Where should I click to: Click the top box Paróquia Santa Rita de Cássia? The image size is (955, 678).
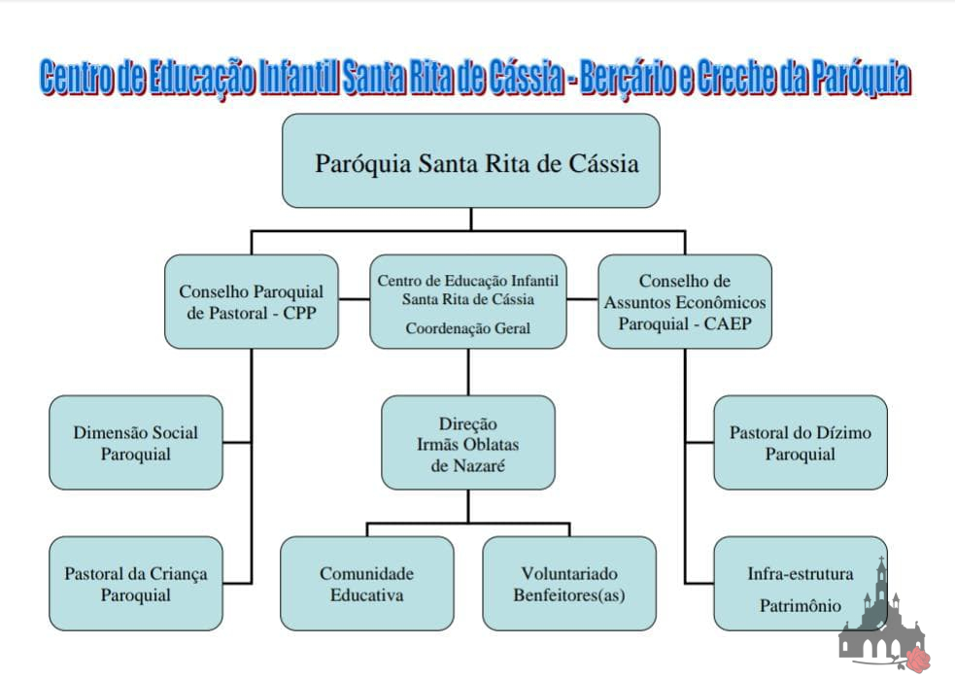[x=471, y=161]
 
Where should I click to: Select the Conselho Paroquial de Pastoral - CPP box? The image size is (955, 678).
[x=251, y=301]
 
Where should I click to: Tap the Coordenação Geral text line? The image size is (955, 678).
[x=468, y=328]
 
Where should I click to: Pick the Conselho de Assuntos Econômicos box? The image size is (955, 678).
[x=685, y=301]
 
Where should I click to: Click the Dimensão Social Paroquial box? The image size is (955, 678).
[x=136, y=442]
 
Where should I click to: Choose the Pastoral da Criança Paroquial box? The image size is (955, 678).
[x=136, y=583]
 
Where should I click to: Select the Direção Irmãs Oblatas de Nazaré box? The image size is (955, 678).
[x=468, y=442]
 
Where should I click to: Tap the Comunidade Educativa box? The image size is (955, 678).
[x=367, y=583]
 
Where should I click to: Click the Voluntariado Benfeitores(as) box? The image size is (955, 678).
[x=569, y=583]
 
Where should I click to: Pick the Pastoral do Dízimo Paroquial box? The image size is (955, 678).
[x=801, y=442]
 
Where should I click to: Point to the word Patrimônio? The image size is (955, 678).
[x=800, y=605]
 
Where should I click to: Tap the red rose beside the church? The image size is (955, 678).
[x=917, y=660]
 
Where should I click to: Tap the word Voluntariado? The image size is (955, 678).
[x=569, y=573]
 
